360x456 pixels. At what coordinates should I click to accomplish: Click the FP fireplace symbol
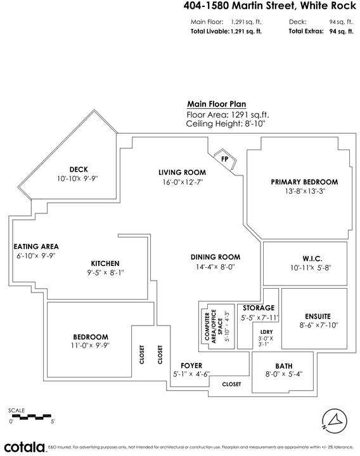pyautogui.click(x=225, y=160)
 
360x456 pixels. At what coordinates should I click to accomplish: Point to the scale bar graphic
pyautogui.click(x=32, y=417)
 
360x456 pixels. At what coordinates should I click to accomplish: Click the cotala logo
pyautogui.click(x=25, y=447)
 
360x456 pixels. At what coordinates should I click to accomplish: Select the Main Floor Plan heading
pyautogui.click(x=217, y=104)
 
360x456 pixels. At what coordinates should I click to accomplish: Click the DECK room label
pyautogui.click(x=79, y=169)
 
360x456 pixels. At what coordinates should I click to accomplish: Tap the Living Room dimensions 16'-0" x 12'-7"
pyautogui.click(x=183, y=182)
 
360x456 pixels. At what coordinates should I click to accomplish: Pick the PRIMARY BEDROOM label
pyautogui.click(x=304, y=182)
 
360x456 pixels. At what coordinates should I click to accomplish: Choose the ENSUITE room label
pyautogui.click(x=318, y=317)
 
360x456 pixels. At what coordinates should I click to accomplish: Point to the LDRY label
pyautogui.click(x=267, y=332)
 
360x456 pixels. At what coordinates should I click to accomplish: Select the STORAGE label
pyautogui.click(x=259, y=308)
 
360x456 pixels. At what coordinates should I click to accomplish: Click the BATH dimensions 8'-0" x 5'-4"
pyautogui.click(x=284, y=374)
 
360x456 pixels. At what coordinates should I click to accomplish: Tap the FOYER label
pyautogui.click(x=191, y=365)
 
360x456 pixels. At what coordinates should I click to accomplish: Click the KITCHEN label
pyautogui.click(x=105, y=263)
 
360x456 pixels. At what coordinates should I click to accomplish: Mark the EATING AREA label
pyautogui.click(x=36, y=246)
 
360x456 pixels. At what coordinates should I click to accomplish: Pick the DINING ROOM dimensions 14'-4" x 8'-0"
pyautogui.click(x=215, y=267)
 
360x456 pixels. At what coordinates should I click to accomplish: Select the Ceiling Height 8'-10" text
pyautogui.click(x=226, y=123)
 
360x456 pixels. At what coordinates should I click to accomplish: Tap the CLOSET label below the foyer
pyautogui.click(x=231, y=384)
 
